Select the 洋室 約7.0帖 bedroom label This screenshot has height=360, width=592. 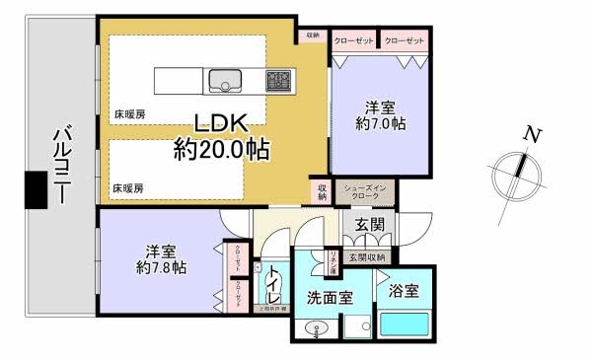[x=380, y=115]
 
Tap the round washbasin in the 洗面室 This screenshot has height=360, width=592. [x=318, y=332]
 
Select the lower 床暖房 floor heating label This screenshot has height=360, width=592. [x=128, y=186]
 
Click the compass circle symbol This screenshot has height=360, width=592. [x=517, y=167]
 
